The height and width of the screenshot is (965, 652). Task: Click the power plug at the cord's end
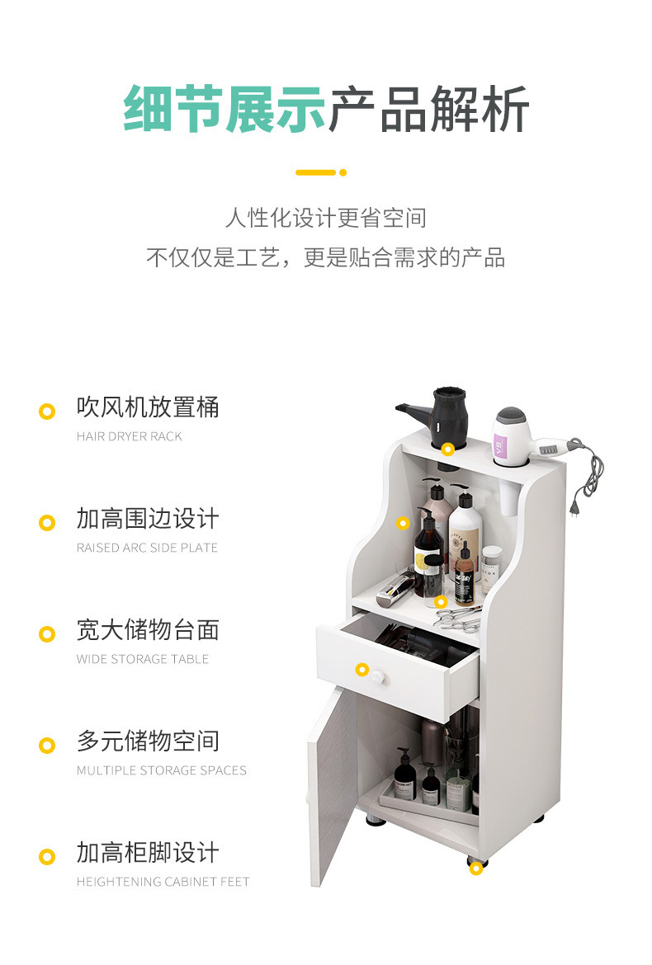575,508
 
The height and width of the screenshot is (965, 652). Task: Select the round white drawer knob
377,678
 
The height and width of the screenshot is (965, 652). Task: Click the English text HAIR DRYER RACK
130,436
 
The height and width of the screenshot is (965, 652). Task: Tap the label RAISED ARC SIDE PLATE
147,548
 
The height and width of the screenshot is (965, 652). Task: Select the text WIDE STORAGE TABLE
142,659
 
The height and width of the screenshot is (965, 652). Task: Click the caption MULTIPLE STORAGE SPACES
161,770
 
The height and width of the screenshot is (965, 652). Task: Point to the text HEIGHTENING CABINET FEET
163,882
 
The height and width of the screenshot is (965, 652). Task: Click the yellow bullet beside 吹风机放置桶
47,411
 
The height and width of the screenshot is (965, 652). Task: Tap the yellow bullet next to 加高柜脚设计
47,857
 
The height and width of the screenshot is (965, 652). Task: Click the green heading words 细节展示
224,109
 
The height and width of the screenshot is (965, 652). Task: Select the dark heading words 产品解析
428,109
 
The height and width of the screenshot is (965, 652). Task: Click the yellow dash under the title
316,172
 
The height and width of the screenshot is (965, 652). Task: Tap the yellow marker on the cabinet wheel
476,868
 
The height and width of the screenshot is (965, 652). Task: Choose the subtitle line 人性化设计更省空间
326,218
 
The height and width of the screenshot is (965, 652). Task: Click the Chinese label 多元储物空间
148,741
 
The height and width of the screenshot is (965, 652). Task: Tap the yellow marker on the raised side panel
403,523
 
